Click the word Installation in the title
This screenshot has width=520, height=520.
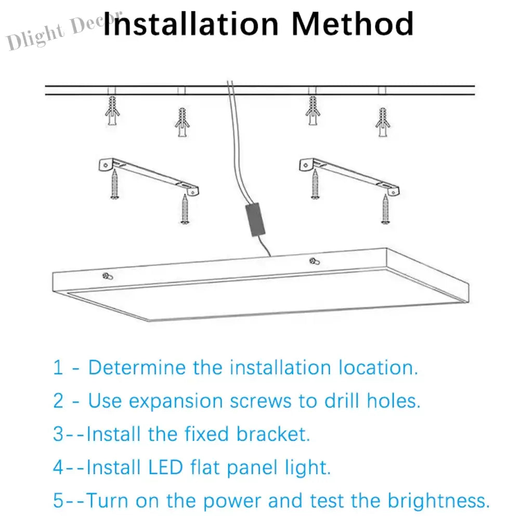point(191,23)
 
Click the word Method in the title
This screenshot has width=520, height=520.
point(353,23)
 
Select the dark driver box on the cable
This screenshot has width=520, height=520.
point(255,220)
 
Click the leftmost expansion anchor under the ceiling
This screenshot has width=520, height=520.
point(112,111)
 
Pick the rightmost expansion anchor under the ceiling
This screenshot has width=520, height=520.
point(383,122)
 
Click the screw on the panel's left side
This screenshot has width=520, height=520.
point(108,276)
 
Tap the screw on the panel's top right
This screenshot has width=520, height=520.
point(315,262)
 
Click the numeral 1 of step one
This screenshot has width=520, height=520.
point(58,368)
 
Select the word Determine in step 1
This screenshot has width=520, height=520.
point(137,368)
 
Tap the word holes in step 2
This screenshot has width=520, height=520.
point(394,400)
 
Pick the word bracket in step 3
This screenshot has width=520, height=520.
point(273,434)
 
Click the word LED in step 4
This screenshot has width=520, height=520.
point(165,467)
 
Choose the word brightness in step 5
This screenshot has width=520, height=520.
point(438,500)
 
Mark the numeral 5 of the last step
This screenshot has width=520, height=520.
point(58,501)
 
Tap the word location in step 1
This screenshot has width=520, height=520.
point(379,368)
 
